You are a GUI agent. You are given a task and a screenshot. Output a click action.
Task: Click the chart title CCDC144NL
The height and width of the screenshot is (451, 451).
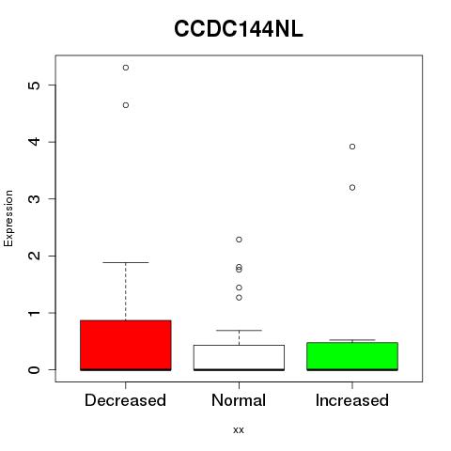(239, 29)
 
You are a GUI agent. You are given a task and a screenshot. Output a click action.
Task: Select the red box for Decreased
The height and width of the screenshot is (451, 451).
(126, 345)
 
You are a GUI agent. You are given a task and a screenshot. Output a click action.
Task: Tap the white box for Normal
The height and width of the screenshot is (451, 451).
(239, 357)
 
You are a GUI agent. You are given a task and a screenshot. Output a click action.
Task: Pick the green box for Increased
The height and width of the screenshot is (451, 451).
(352, 356)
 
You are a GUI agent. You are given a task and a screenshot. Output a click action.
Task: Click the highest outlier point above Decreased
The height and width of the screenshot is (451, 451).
(126, 68)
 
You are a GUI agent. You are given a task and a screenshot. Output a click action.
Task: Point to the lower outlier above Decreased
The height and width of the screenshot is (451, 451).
(126, 105)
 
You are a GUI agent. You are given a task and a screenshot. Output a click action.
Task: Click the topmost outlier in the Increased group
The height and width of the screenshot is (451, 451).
(352, 147)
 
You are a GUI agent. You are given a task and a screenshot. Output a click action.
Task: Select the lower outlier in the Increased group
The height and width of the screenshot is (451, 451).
(352, 188)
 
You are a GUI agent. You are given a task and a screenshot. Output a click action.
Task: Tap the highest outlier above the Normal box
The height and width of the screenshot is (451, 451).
(239, 240)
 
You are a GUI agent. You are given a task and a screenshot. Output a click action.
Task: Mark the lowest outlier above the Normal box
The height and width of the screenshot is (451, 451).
(239, 298)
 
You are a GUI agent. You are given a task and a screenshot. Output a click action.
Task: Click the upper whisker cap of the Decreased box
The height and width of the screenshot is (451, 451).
(126, 262)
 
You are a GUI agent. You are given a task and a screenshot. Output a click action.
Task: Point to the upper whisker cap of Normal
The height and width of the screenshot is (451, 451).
(239, 330)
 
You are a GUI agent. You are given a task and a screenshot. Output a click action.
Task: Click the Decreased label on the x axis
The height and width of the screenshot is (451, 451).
(125, 400)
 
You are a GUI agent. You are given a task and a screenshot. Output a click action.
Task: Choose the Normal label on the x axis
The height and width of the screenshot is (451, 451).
(239, 400)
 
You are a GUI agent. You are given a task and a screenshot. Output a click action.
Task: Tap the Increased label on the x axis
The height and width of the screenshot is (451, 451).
(352, 400)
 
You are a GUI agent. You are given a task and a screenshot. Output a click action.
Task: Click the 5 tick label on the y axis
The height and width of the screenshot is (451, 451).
(35, 86)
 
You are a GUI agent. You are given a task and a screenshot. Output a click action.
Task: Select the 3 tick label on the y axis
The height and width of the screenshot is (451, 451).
(35, 199)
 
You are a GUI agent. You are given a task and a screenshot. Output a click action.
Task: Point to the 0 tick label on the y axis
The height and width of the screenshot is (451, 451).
(35, 370)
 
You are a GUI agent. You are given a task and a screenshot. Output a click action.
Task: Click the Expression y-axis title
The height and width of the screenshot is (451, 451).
(8, 219)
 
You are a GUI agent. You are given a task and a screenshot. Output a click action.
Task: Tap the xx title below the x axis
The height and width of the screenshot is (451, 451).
(239, 430)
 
